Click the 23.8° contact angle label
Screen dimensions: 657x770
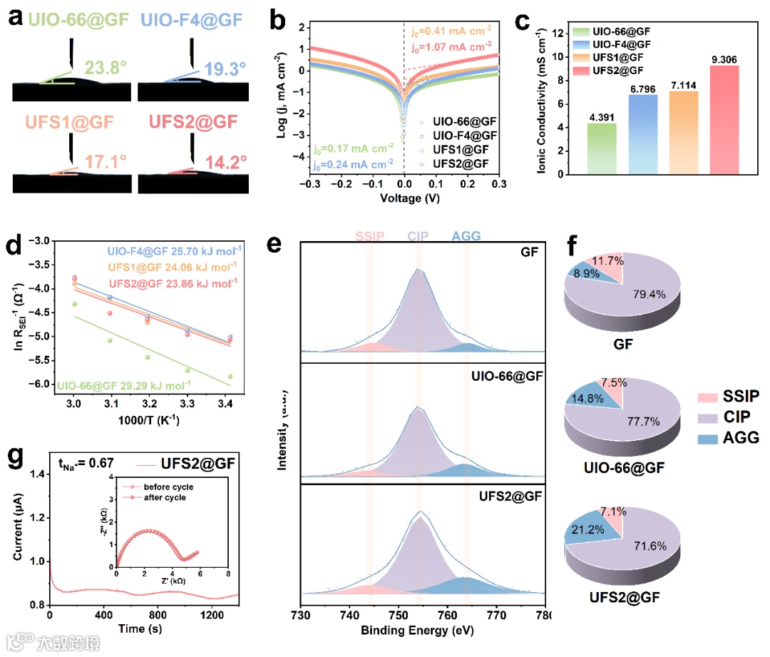pos(106,68)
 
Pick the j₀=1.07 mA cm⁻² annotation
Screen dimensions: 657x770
pos(451,49)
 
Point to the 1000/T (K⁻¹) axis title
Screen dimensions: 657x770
pos(149,420)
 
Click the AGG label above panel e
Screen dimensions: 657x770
pos(467,235)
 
